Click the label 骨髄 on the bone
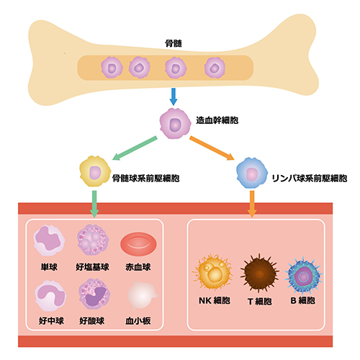pyautogui.click(x=174, y=43)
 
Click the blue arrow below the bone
pyautogui.click(x=174, y=96)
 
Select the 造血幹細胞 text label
pyautogui.click(x=217, y=120)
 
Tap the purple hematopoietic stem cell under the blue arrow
pyautogui.click(x=175, y=123)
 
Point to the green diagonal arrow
pyautogui.click(x=135, y=148)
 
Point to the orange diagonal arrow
pyautogui.click(x=212, y=148)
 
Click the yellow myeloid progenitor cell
pyautogui.click(x=95, y=171)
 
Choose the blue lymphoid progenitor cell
pyautogui.click(x=252, y=173)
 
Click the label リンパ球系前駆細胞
pyautogui.click(x=310, y=179)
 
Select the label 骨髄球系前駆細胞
pyautogui.click(x=146, y=179)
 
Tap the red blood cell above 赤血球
pyautogui.click(x=138, y=244)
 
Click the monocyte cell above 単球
pyautogui.click(x=49, y=240)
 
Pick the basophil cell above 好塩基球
pyautogui.click(x=93, y=240)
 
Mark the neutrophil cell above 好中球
pyautogui.click(x=50, y=296)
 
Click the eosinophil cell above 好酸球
pyautogui.click(x=94, y=294)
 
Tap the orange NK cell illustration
pyautogui.click(x=212, y=271)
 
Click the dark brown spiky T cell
pyautogui.click(x=259, y=273)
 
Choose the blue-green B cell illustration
pyautogui.click(x=304, y=276)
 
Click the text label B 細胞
pyautogui.click(x=303, y=300)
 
